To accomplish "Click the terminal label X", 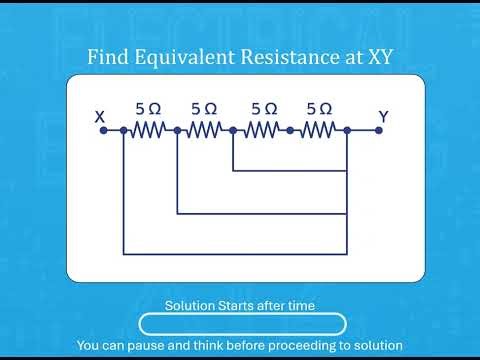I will (x=100, y=117).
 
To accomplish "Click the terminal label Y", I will (x=383, y=117).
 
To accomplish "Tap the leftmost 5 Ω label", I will (x=147, y=108).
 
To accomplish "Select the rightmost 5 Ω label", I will (x=321, y=108).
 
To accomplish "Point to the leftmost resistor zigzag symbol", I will (x=150, y=130).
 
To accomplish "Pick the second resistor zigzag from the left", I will (x=204, y=130).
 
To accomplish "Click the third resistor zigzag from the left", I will (x=262, y=130).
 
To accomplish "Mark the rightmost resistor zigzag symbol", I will (x=318, y=130).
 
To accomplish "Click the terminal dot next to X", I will (x=102, y=130).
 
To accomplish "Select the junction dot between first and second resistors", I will (x=177, y=130).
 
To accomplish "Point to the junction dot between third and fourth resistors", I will (x=290, y=130).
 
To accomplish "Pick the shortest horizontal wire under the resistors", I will (x=289, y=170).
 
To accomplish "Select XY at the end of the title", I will (x=376, y=57).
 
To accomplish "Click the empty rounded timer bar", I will (x=242, y=324).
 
